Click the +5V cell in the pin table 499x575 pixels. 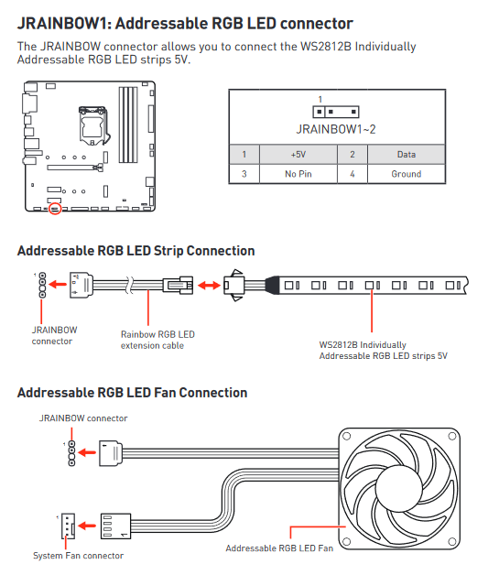298,155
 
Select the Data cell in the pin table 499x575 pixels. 407,155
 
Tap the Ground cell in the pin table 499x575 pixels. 407,174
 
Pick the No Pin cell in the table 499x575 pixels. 298,174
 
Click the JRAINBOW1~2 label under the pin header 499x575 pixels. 336,129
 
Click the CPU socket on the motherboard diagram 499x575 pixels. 93,125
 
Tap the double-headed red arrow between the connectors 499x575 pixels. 209,285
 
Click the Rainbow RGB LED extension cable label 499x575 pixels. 157,340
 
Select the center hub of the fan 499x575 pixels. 399,488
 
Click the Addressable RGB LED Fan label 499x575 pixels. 279,548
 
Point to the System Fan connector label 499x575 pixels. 78,556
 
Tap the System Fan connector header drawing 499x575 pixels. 68,526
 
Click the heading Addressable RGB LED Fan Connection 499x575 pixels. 133,393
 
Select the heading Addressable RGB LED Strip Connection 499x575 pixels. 136,251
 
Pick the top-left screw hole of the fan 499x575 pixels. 346,436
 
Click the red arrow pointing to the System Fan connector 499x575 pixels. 87,526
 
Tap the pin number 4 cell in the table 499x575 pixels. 353,174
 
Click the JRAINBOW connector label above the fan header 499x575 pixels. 83,418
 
